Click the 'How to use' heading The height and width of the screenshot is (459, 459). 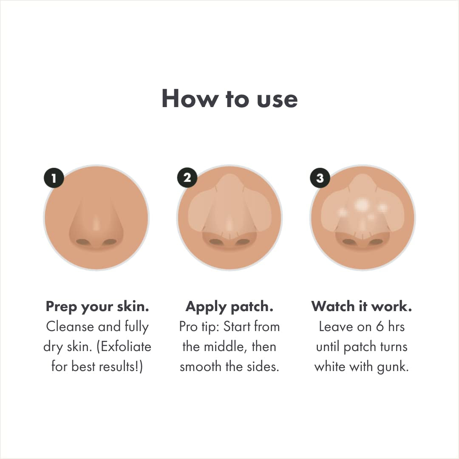point(229,99)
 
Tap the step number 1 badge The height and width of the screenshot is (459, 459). point(54,178)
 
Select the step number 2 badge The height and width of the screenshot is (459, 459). point(187,178)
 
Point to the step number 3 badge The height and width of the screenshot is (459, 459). point(320,178)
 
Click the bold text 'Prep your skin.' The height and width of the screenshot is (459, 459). point(97,306)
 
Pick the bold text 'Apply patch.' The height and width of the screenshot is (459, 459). point(229,306)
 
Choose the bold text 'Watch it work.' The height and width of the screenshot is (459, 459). point(362,306)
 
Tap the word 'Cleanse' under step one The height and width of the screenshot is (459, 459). point(70,326)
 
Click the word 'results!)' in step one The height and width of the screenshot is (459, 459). point(122,366)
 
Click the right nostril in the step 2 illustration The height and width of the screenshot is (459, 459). point(243,242)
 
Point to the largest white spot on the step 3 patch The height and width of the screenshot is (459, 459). point(362,205)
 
